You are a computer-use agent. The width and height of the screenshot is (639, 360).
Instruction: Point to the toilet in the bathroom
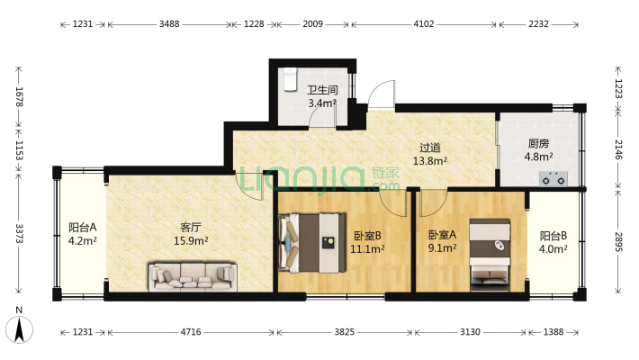(x=288, y=80)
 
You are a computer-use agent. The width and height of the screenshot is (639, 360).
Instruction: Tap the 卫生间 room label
(x=322, y=90)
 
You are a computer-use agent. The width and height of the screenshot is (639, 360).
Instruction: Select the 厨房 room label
(x=538, y=143)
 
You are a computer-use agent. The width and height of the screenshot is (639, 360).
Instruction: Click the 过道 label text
(x=429, y=148)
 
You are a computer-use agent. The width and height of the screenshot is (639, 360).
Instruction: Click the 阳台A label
(x=82, y=227)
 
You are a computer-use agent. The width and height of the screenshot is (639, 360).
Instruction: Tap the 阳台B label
(x=553, y=236)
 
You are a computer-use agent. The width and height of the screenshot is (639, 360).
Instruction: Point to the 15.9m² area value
(x=191, y=240)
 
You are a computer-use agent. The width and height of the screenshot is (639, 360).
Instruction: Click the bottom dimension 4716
(x=190, y=332)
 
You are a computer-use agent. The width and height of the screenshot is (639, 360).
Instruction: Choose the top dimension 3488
(x=168, y=25)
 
